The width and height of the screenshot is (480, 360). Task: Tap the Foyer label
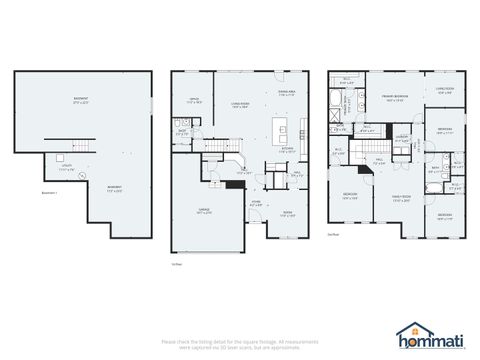pyautogui.click(x=256, y=203)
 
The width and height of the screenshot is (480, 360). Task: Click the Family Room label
pyautogui.click(x=401, y=198)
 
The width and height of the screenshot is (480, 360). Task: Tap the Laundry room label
pyautogui.click(x=401, y=139)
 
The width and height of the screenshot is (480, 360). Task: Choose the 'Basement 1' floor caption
pyautogui.click(x=49, y=192)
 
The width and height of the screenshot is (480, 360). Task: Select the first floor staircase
pyautogui.click(x=232, y=159)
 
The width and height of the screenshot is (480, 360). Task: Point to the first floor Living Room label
pyautogui.click(x=241, y=103)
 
